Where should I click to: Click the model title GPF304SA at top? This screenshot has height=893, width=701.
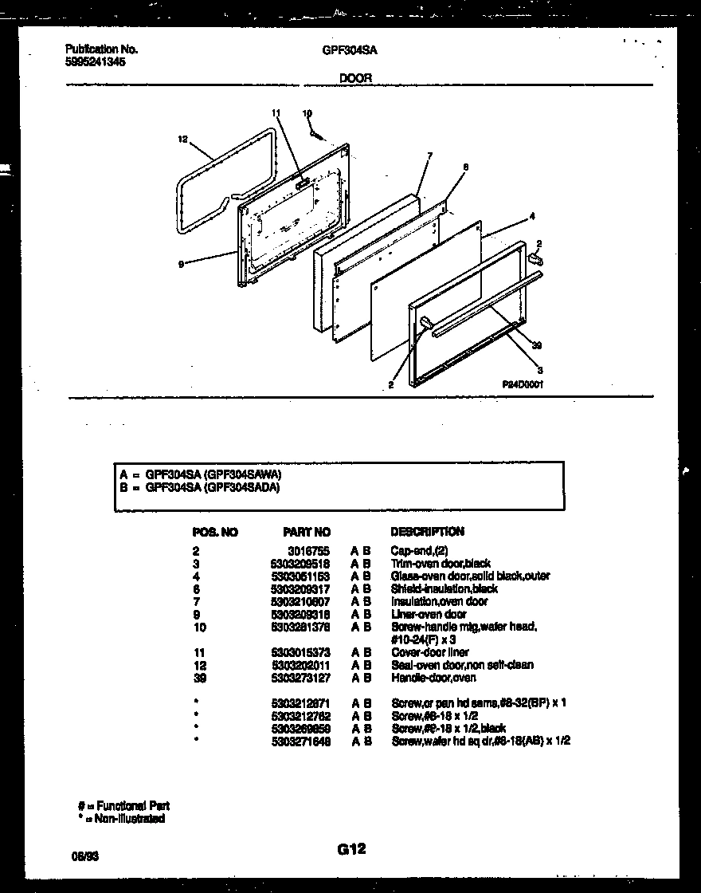pyautogui.click(x=350, y=49)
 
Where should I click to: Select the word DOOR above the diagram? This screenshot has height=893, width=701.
pyautogui.click(x=355, y=78)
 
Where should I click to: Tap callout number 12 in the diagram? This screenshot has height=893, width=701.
pyautogui.click(x=182, y=140)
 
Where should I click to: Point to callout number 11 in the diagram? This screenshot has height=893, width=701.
pyautogui.click(x=276, y=113)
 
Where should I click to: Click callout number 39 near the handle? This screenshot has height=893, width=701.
pyautogui.click(x=536, y=344)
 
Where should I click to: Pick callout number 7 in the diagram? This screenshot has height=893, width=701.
pyautogui.click(x=429, y=156)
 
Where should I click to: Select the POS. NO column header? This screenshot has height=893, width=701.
pyautogui.click(x=215, y=532)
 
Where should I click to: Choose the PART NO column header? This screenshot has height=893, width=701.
pyautogui.click(x=307, y=532)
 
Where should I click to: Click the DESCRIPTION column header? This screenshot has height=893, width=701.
pyautogui.click(x=427, y=532)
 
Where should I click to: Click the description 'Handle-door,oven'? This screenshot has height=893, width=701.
pyautogui.click(x=433, y=678)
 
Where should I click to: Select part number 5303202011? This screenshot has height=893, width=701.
pyautogui.click(x=300, y=665)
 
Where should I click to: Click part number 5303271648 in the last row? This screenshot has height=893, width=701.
pyautogui.click(x=300, y=742)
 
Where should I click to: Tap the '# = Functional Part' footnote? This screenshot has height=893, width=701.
pyautogui.click(x=123, y=806)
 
